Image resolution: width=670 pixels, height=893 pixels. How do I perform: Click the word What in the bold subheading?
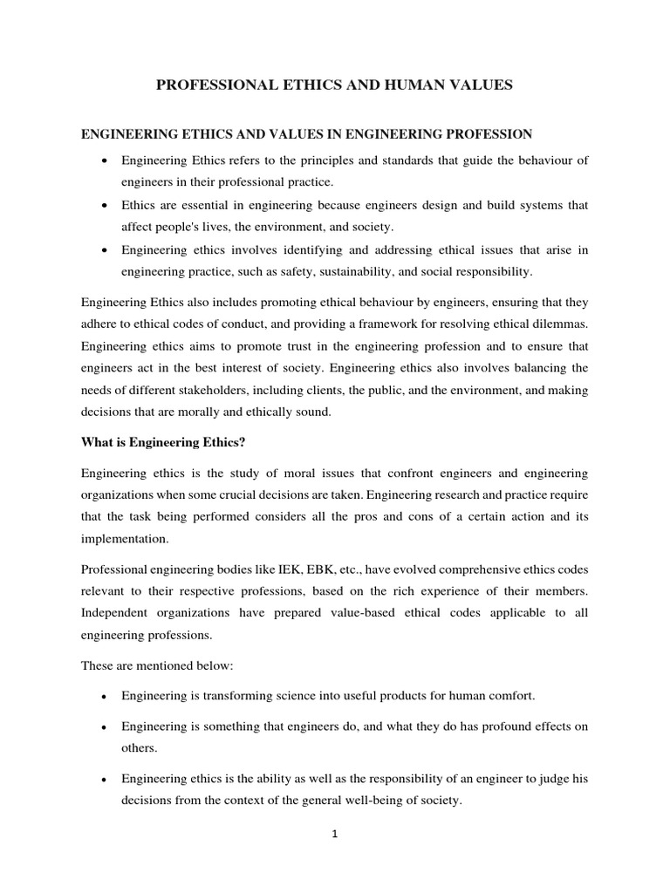(x=97, y=443)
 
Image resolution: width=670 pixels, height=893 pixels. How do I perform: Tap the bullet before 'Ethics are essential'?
(x=105, y=205)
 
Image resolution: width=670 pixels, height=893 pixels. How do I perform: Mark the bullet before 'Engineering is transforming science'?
(x=105, y=698)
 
